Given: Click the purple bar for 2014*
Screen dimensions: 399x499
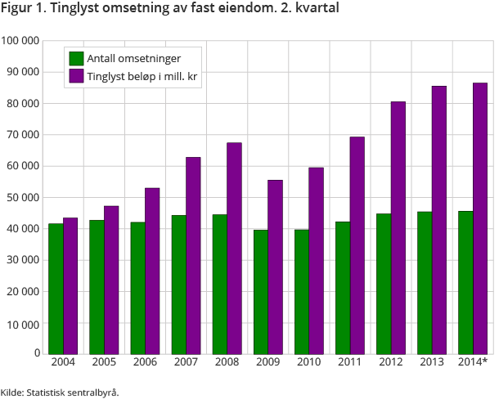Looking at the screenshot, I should [480, 217].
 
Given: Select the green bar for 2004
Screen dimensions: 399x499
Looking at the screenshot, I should [56, 288].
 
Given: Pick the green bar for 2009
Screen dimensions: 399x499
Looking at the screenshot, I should [260, 291].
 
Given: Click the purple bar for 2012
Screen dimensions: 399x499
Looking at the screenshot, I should [398, 227].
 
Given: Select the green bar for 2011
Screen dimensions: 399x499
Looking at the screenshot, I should [342, 287].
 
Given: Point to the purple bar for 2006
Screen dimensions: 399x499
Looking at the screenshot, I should [152, 271].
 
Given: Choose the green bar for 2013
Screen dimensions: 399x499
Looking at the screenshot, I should [425, 282].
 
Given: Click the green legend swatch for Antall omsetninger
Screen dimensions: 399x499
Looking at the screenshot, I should [76, 58].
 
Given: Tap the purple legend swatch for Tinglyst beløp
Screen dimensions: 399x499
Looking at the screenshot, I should [76, 76].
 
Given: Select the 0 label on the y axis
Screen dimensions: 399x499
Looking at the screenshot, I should [37, 353].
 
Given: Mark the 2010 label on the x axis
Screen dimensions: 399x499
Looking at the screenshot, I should [308, 362].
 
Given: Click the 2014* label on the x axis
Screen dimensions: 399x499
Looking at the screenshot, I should [473, 362].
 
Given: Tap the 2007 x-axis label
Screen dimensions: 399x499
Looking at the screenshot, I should [186, 362].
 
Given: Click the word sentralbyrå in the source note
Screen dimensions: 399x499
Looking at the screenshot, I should [92, 392].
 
